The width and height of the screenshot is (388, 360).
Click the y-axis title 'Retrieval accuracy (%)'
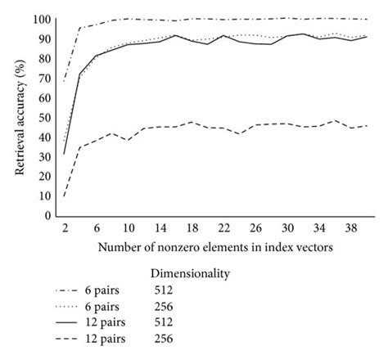point(18,115)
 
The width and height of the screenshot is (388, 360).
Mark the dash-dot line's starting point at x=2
point(65,80)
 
